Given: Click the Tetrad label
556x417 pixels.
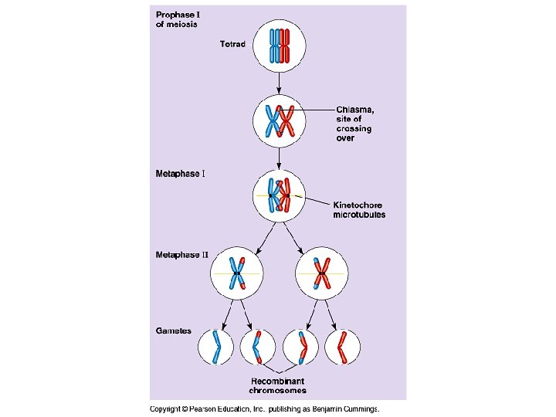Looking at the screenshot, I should (232, 44).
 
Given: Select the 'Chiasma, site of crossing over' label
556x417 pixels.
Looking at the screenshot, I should (354, 123).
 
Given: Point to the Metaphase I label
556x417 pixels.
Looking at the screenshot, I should (180, 173).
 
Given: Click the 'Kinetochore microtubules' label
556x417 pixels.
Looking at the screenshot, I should (358, 209).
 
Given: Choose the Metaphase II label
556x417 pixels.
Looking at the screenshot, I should (181, 254).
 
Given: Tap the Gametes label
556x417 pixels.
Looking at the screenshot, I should (174, 331).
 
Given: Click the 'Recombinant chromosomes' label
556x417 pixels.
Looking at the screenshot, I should (277, 385).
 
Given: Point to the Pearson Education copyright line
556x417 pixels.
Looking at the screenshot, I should (265, 409).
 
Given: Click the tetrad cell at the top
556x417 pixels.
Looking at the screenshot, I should (279, 45).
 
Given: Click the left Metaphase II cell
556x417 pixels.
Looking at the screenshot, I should (236, 274).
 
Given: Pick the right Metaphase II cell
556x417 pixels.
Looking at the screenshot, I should (321, 274).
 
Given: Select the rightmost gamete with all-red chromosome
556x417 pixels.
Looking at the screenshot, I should (341, 347).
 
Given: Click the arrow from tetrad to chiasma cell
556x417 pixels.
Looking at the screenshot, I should (279, 82).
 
